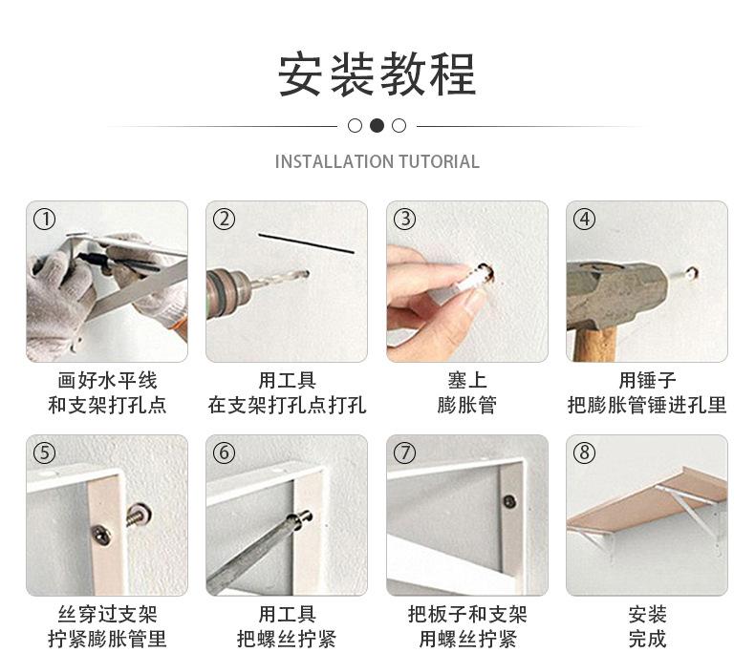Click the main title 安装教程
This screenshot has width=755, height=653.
377,74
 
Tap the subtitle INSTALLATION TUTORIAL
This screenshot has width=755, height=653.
377,161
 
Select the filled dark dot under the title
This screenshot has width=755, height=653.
377,125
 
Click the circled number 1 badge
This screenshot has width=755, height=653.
44,219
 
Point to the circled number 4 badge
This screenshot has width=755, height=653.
584,219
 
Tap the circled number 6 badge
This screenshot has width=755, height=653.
224,453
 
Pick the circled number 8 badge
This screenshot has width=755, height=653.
584,453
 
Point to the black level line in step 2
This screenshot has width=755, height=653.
306,242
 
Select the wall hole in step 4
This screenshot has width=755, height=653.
691,273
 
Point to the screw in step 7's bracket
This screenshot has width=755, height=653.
509,500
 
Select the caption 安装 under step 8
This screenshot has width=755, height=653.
647,615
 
